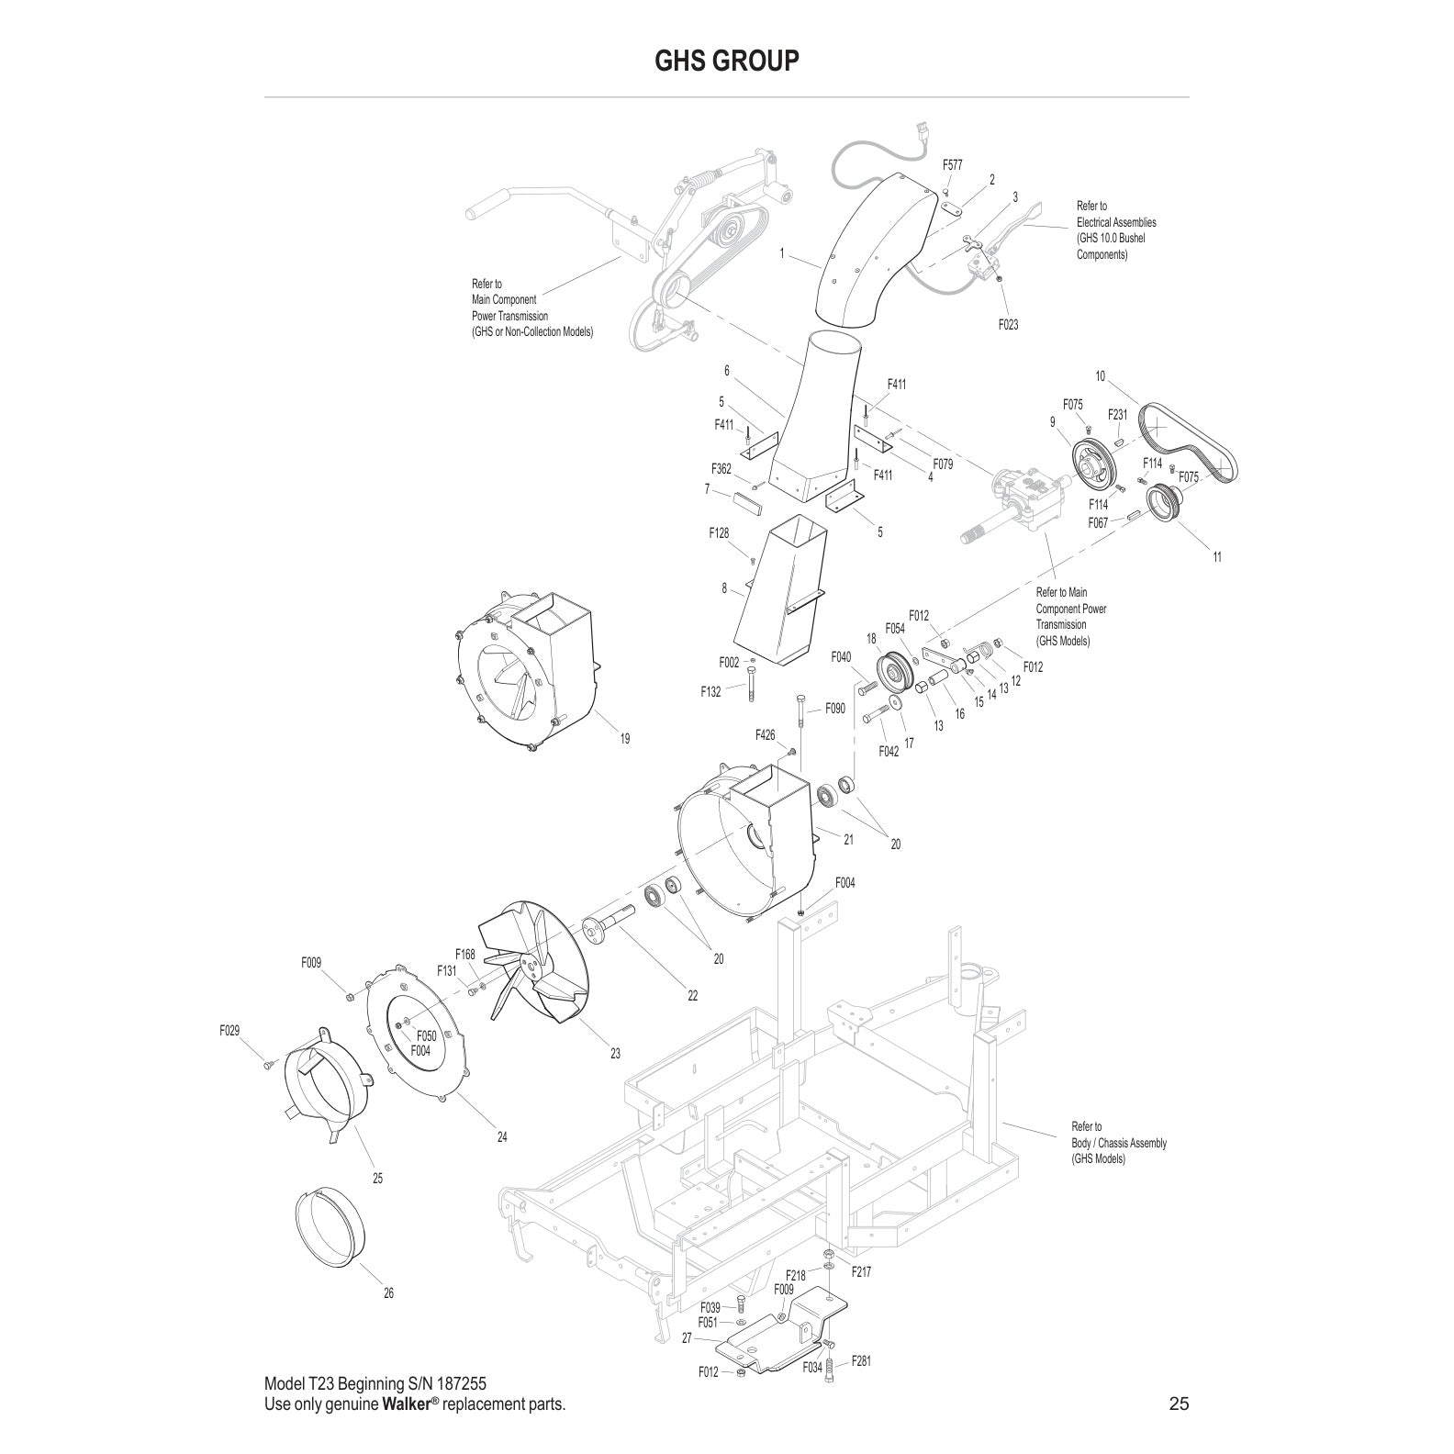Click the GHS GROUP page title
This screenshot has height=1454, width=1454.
pyautogui.click(x=726, y=61)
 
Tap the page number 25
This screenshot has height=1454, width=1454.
pyautogui.click(x=1179, y=1403)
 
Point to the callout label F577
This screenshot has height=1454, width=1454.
pyautogui.click(x=953, y=164)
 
